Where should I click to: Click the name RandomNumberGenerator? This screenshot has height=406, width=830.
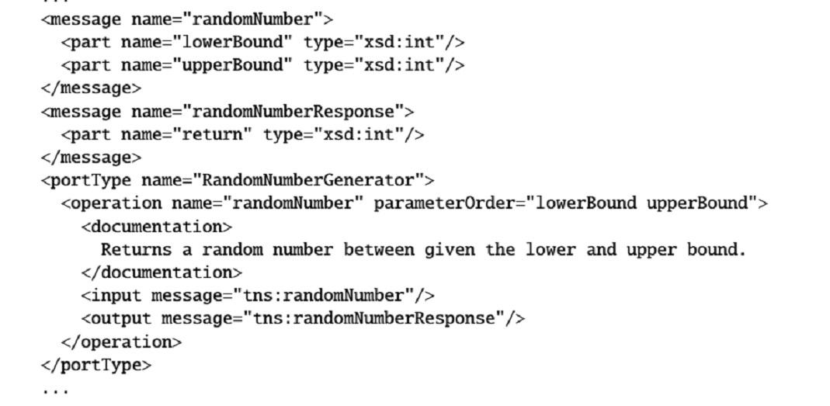[307, 181]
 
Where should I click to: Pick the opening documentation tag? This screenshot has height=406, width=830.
[156, 227]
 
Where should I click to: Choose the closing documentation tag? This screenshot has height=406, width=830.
[161, 272]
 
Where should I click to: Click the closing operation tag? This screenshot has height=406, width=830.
[120, 342]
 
